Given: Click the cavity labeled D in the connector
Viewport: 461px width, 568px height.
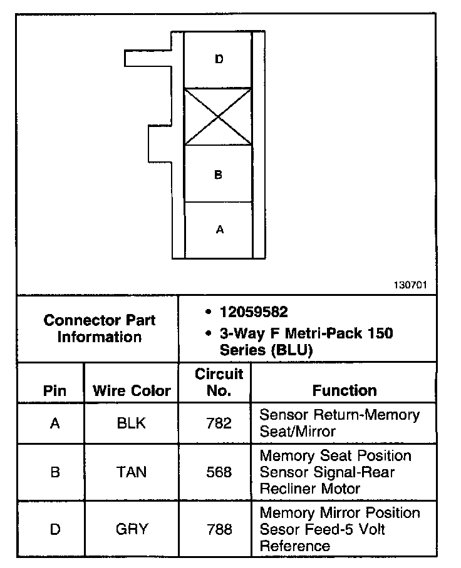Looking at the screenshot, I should pos(219,59).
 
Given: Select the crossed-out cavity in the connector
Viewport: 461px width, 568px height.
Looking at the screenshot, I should pos(218,116).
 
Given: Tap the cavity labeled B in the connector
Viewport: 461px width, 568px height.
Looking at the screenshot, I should pos(218,175).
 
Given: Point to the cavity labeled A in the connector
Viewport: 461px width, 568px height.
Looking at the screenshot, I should pos(219,230).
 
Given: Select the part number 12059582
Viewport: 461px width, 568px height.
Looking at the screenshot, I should pos(254,312).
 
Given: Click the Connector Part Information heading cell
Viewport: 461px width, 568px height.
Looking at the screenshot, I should pos(100,328).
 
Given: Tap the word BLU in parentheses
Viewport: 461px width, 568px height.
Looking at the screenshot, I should pos(293,350).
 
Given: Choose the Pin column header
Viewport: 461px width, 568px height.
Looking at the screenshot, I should pos(54,391).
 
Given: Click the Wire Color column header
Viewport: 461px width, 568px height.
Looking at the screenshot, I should pos(132,391).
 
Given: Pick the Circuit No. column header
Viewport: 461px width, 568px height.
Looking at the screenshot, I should pos(219,382).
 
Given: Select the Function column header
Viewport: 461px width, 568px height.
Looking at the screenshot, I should pos(344,391).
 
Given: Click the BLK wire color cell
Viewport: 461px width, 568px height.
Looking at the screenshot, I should pos(132,423).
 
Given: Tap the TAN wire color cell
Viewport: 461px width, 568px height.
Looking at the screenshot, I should pos(132,472).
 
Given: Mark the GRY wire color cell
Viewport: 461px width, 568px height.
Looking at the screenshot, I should pos(132,529).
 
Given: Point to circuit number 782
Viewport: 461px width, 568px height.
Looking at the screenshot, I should pos(219,423).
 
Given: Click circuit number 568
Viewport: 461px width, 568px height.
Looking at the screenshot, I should pos(219,472).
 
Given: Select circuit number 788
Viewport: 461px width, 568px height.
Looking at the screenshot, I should pos(219,529).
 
